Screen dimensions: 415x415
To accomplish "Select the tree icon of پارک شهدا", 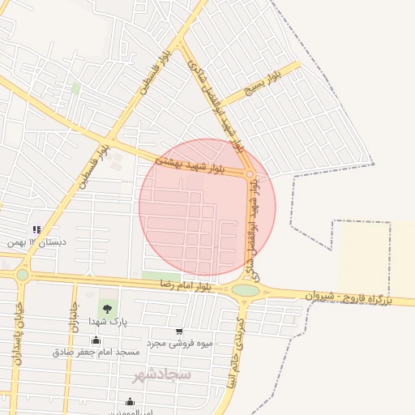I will (106, 307).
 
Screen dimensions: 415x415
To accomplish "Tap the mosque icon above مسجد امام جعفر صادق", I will (96, 340).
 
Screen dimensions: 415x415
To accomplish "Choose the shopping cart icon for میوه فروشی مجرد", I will (178, 332).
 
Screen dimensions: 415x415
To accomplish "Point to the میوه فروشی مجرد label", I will (179, 344).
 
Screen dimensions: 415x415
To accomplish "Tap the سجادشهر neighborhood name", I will (161, 375).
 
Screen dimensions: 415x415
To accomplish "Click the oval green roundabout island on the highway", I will (246, 290).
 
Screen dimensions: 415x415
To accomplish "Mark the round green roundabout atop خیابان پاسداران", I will (22, 275).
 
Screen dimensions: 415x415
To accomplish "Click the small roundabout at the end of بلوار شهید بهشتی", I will (250, 173).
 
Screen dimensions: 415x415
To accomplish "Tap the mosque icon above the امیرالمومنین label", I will (130, 402).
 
